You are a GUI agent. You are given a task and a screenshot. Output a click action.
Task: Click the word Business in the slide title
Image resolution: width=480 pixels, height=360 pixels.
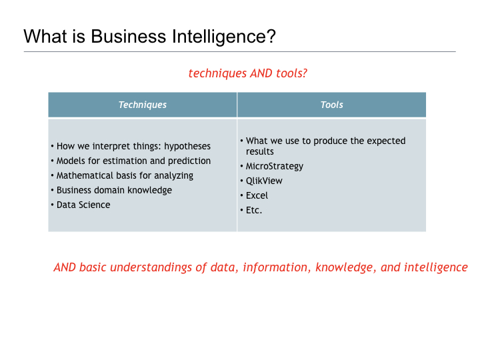pos(123,36)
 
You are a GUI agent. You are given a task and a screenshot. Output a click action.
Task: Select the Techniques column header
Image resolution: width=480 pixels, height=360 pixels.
pos(143,105)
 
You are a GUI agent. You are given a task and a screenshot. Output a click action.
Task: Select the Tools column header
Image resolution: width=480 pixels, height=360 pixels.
pos(331,105)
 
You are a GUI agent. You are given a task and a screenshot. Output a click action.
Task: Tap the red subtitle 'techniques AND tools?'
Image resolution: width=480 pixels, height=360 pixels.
pos(248,73)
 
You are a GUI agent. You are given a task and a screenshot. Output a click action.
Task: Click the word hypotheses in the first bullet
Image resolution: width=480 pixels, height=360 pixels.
pos(187,146)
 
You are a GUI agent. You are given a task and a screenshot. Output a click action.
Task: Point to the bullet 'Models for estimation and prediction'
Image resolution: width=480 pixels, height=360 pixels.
pos(133,161)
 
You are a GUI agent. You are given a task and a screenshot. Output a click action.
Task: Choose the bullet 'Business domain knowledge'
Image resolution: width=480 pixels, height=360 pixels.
pos(114,190)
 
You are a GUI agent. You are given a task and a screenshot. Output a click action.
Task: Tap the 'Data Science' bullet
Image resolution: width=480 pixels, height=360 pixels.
pos(83,205)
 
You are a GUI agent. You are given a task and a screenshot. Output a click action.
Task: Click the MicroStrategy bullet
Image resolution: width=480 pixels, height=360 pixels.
pos(275,166)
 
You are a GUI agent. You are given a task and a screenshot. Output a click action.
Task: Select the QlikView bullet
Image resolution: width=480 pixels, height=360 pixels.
pos(264,181)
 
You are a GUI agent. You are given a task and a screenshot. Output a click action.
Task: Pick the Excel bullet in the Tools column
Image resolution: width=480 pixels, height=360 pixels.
pos(257,195)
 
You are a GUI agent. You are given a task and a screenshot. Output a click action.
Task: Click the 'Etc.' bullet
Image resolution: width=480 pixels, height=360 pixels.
pos(254,210)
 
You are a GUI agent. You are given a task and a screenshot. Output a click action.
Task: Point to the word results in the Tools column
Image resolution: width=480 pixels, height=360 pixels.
pos(260,151)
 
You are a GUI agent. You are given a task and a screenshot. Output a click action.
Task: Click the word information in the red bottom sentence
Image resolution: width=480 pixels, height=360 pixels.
pos(275,267)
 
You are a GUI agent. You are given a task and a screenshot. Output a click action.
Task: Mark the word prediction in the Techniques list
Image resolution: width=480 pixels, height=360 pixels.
pos(189,161)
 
